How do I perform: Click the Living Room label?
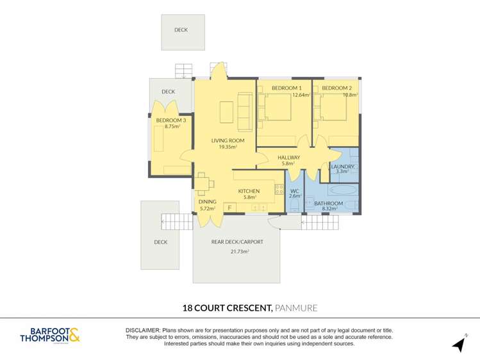pos(228,141)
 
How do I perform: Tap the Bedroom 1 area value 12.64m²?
pos(302,95)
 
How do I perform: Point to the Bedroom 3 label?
pos(171,120)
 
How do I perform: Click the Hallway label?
pos(288,158)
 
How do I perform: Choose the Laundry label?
pos(343,167)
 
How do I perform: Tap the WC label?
pos(295,191)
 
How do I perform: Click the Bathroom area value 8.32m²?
pos(329,209)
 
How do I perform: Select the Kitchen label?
pos(249,191)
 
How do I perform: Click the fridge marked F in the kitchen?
pos(229,208)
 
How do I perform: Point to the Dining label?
pos(208,202)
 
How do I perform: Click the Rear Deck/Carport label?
pos(237,242)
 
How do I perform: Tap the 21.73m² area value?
pos(240,252)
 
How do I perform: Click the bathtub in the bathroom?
pos(343,190)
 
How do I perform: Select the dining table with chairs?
pos(204,184)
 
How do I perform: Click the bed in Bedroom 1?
pos(274,107)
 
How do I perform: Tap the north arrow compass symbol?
pos(460,343)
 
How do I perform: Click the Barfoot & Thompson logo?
pos(50,335)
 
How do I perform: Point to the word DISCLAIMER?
pos(143,331)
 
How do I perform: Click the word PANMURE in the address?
pos(296,307)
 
